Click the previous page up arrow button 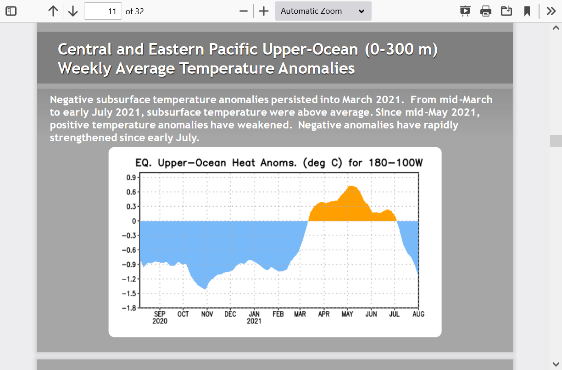[x=53, y=11]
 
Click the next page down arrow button [x=73, y=11]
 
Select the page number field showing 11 [x=103, y=11]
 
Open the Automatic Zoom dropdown [x=323, y=11]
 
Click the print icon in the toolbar [x=486, y=11]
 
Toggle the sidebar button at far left [x=11, y=11]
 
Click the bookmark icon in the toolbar [x=527, y=11]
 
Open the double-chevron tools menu [x=551, y=11]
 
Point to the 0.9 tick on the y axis [x=130, y=177]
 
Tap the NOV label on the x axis [x=207, y=314]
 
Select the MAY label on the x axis [x=347, y=314]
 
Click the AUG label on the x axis [x=418, y=314]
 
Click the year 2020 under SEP [x=160, y=321]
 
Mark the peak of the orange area [x=351, y=186]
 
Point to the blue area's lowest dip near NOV [x=206, y=288]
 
